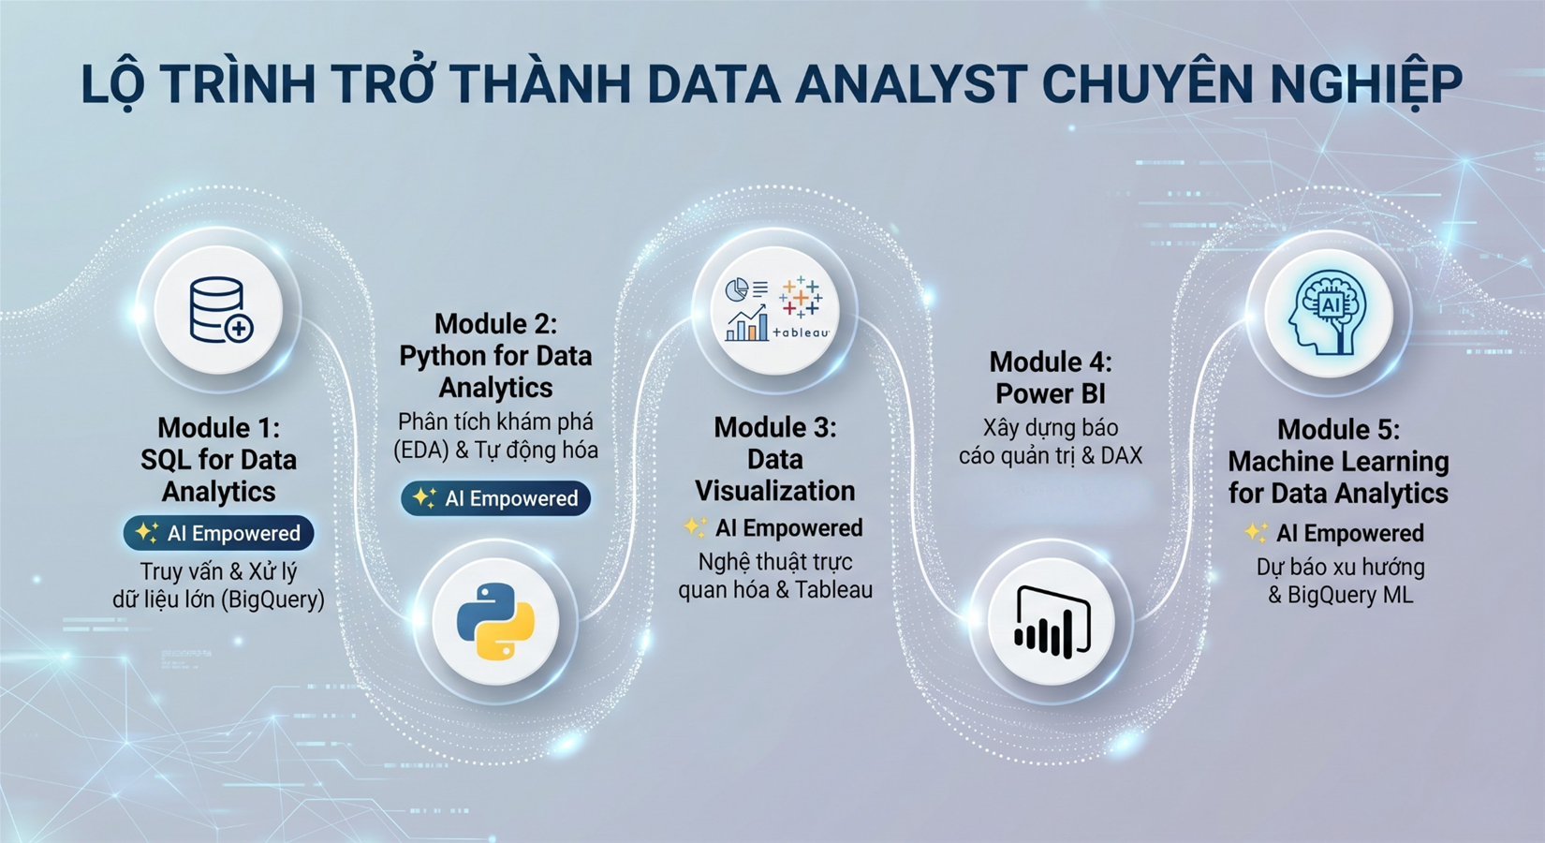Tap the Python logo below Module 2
click(495, 622)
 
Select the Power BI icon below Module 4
click(1052, 622)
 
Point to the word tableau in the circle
click(801, 333)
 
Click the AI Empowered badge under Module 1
click(219, 533)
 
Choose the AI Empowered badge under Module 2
click(495, 498)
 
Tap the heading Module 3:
click(775, 427)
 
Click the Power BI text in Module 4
click(1051, 393)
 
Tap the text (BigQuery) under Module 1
click(272, 599)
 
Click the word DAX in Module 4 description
click(1122, 455)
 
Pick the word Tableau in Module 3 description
click(833, 590)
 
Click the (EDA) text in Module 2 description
click(420, 451)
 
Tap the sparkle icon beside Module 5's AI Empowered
click(1256, 532)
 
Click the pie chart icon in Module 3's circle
click(737, 289)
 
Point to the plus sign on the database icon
click(240, 329)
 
